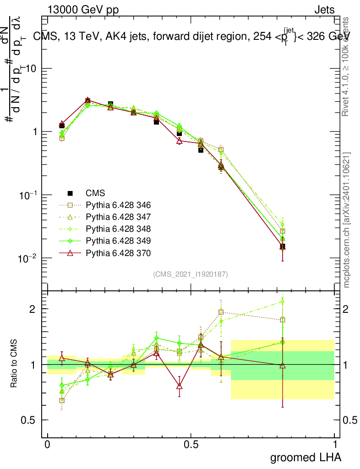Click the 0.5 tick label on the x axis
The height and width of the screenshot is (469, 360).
click(x=191, y=444)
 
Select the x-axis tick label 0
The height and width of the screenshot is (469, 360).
click(x=48, y=444)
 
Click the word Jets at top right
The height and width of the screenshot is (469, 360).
click(x=324, y=10)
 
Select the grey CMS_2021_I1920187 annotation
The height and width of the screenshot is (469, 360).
click(x=191, y=274)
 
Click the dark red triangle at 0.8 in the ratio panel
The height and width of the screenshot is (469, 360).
click(x=283, y=365)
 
